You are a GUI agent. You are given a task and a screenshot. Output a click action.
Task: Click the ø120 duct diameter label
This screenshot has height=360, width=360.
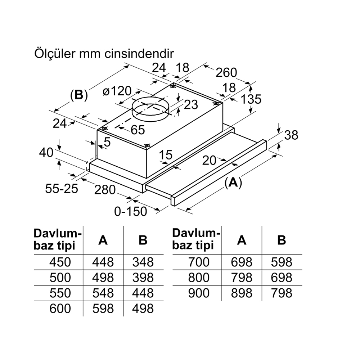(x=117, y=91)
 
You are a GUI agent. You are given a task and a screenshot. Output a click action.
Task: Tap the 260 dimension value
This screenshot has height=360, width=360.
(x=226, y=73)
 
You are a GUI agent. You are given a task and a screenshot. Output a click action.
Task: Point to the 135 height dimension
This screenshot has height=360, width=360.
(x=251, y=99)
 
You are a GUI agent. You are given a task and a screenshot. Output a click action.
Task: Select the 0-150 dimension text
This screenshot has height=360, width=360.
(x=130, y=211)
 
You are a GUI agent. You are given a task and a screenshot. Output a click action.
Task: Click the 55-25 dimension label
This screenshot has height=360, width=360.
(x=62, y=189)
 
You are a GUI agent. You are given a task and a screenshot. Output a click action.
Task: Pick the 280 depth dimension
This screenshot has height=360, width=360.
(x=105, y=190)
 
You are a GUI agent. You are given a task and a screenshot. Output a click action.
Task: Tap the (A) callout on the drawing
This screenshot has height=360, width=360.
(x=233, y=183)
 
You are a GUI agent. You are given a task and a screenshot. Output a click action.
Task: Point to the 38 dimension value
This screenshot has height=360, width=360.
(x=291, y=135)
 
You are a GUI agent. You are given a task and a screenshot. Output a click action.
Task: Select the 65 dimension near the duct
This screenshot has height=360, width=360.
(x=138, y=130)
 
